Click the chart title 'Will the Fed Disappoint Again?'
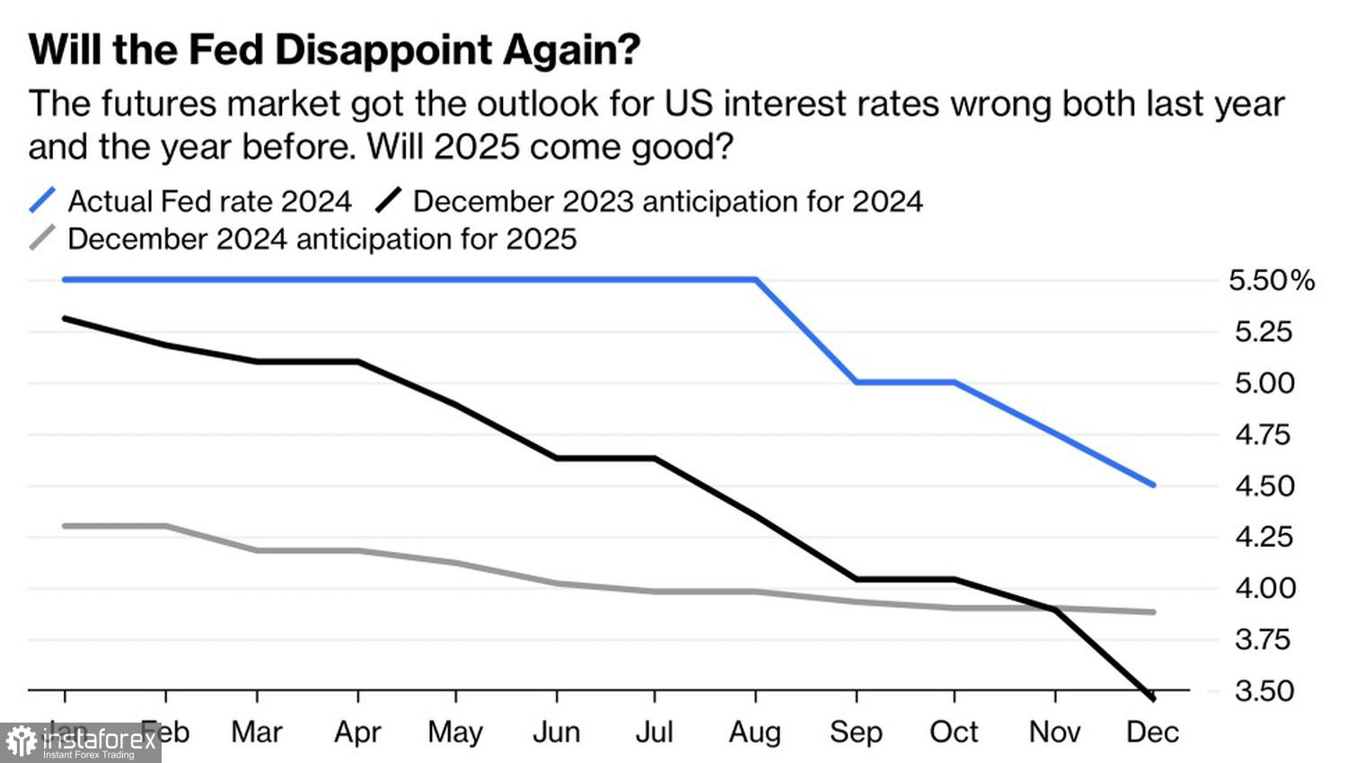[x=334, y=49]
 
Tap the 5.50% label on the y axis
[x=1271, y=281]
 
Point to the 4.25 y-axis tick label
[x=1264, y=537]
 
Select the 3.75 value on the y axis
[x=1264, y=639]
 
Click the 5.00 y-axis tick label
[x=1264, y=383]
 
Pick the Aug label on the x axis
[x=754, y=732]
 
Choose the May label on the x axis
[x=455, y=732]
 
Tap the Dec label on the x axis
[x=1152, y=732]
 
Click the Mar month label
[x=257, y=732]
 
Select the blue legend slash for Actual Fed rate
[x=42, y=200]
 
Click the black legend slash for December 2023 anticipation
[x=388, y=200]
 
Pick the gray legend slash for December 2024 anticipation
[x=42, y=238]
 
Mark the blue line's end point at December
[x=1154, y=485]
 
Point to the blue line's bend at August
[x=756, y=280]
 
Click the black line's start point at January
[x=65, y=319]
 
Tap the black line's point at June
[x=557, y=459]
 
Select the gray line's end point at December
[x=1154, y=612]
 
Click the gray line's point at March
[x=258, y=550]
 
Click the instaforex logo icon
[x=22, y=742]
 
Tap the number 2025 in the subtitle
[x=476, y=146]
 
